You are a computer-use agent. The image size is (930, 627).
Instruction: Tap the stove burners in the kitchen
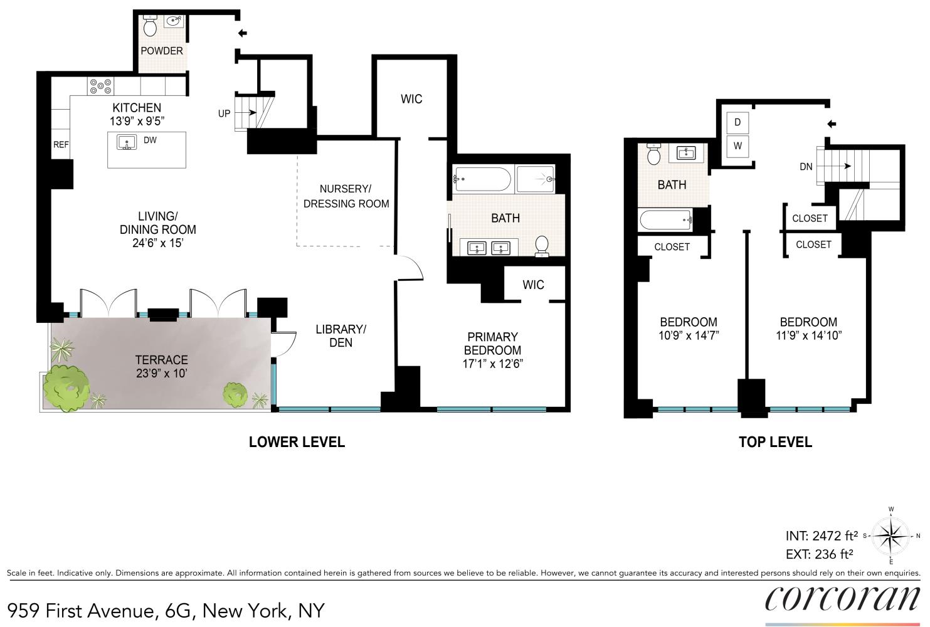[x=100, y=85]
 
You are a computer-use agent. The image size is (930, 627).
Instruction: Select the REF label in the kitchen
[x=61, y=144]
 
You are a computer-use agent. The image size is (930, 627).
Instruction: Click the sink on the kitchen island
[x=127, y=142]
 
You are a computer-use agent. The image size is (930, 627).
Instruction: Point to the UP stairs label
[x=224, y=113]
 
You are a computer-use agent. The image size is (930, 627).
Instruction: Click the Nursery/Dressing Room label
[x=346, y=196]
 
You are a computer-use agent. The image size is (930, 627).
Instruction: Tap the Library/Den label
[x=341, y=335]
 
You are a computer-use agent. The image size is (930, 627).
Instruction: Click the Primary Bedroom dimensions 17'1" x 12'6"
[x=493, y=364]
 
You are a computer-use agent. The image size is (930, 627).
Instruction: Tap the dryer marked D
[x=737, y=122]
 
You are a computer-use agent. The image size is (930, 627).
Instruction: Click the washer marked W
[x=737, y=146]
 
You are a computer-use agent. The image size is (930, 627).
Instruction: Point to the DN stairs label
[x=806, y=166]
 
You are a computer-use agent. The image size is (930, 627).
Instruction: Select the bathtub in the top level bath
[x=665, y=220]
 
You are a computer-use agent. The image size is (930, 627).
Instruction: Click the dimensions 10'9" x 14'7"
[x=689, y=335]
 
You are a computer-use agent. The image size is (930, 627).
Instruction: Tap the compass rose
[x=891, y=535]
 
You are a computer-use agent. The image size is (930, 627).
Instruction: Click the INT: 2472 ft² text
[x=822, y=536]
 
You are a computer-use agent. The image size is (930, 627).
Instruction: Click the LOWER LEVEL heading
[x=297, y=442]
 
